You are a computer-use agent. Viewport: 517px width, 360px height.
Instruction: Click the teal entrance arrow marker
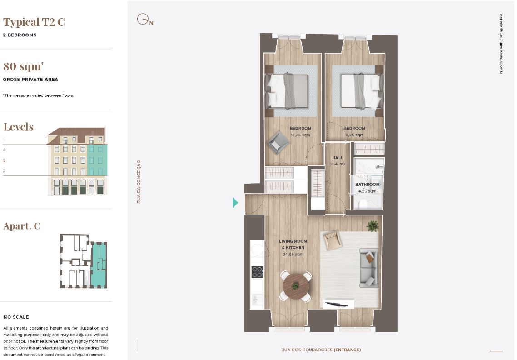(235, 202)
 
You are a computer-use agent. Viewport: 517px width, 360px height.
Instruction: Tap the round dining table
(296, 286)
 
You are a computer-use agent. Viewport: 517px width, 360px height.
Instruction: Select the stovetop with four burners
(257, 272)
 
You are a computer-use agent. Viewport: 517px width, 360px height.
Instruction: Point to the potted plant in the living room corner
(373, 226)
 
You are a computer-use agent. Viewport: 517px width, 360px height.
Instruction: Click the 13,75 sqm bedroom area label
(300, 135)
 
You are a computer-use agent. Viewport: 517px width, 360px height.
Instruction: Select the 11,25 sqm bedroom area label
(354, 135)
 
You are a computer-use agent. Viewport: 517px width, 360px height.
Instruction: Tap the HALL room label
(338, 158)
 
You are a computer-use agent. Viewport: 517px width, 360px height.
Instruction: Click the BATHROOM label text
(368, 185)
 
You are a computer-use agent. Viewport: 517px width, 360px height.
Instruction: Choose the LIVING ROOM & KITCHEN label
(293, 245)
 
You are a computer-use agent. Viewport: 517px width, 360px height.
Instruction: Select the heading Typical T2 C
(34, 22)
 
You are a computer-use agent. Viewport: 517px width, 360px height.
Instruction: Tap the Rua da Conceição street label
(139, 181)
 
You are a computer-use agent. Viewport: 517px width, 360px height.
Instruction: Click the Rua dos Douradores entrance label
(321, 350)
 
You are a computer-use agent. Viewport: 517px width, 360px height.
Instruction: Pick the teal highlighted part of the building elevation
(97, 160)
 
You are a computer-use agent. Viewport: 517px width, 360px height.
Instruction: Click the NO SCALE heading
(16, 317)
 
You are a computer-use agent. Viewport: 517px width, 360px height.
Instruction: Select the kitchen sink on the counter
(257, 300)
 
